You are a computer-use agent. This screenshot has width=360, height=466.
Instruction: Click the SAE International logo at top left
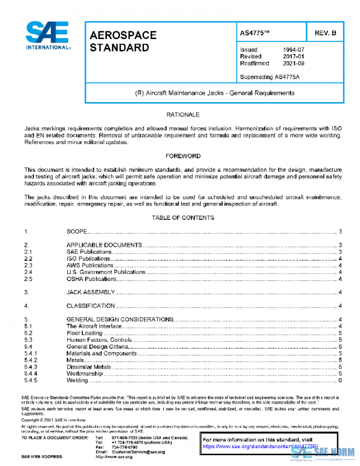point(47,36)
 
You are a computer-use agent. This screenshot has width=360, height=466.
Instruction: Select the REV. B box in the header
point(325,34)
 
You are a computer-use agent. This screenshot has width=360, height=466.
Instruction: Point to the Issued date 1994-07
point(293,50)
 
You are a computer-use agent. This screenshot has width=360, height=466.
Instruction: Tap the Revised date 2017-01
point(293,56)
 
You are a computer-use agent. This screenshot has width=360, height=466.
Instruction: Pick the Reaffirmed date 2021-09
point(293,62)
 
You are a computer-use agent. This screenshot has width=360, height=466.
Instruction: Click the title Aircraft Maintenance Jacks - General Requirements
point(214,93)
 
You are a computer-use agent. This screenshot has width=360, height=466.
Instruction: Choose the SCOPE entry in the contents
point(77,231)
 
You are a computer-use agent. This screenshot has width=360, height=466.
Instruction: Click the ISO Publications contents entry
point(89,258)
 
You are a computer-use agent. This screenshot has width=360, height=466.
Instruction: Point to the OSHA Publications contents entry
point(91,279)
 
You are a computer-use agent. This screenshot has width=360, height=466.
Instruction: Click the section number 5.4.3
point(31,366)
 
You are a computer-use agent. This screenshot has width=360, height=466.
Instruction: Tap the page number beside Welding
point(340,380)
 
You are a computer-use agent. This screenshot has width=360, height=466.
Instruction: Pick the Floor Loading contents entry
point(84,333)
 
